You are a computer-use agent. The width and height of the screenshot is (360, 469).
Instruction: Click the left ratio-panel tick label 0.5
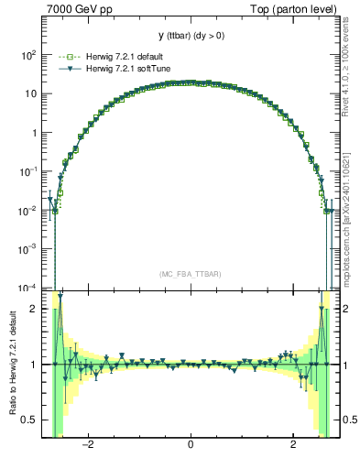point(27,420)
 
